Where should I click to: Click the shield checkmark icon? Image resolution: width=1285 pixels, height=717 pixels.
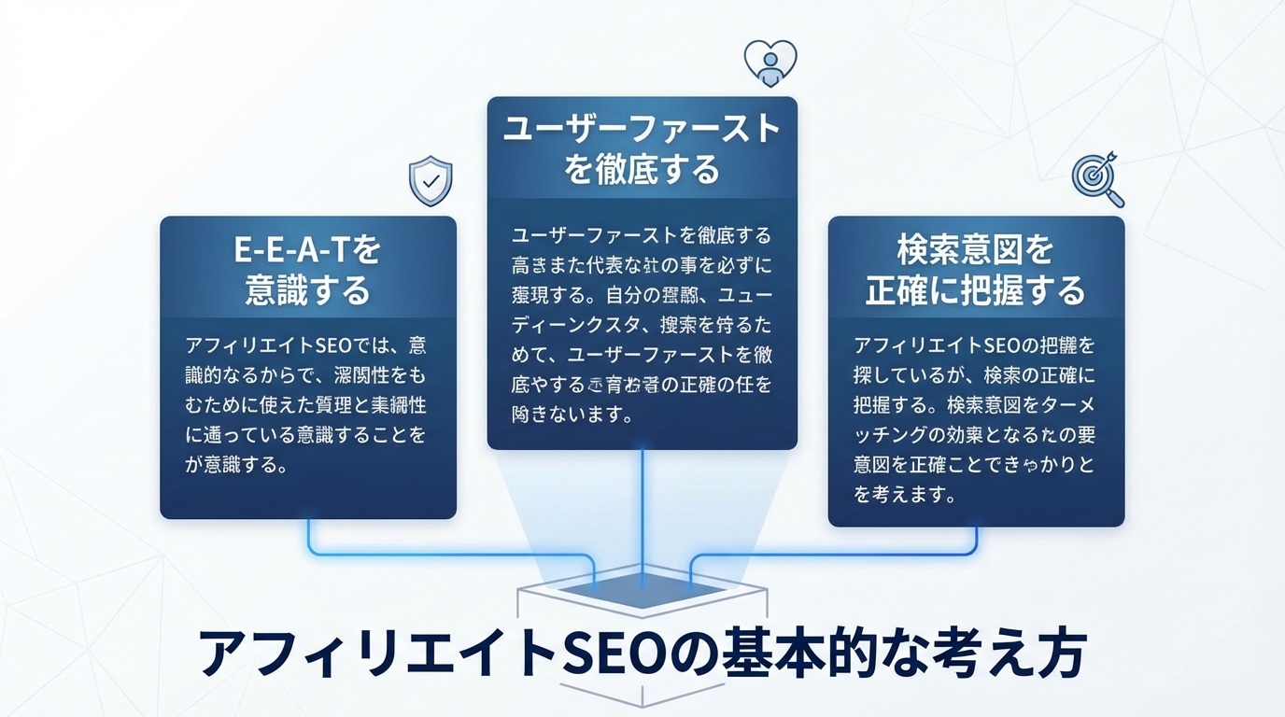[x=431, y=181]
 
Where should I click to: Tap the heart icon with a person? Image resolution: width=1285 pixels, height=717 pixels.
[x=770, y=63]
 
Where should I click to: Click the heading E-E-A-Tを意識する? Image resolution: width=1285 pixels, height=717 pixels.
[x=307, y=271]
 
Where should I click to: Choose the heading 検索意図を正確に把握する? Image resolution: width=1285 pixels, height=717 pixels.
[x=975, y=271]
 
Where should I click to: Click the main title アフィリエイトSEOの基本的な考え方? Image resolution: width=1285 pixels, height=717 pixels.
[x=642, y=653]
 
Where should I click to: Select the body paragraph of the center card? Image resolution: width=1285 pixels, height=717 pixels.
[x=642, y=324]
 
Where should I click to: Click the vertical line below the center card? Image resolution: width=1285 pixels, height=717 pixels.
[x=642, y=513]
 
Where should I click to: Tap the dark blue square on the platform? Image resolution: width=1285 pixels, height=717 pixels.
[x=642, y=590]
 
